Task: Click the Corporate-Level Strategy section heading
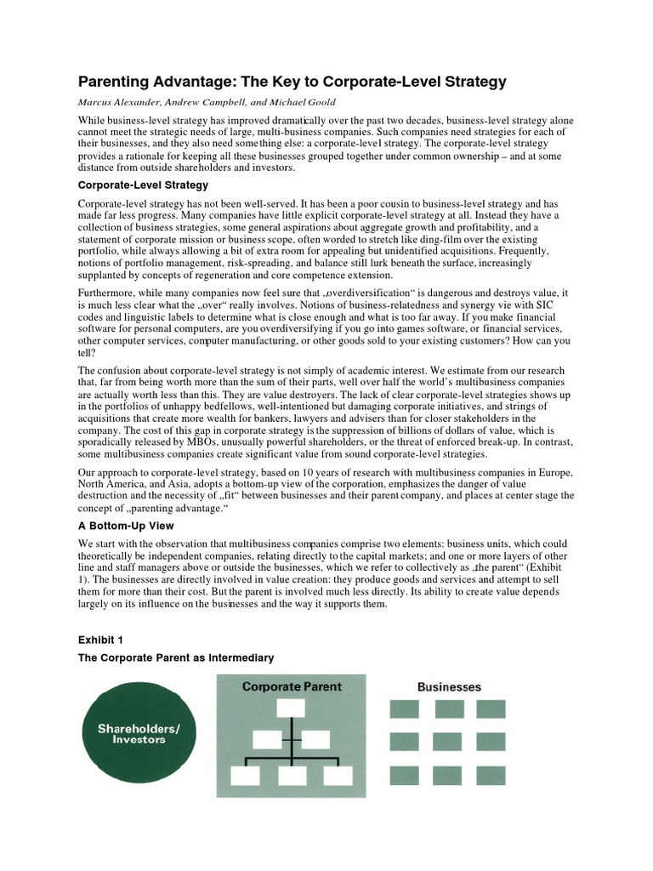(143, 185)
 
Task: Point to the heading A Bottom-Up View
(126, 526)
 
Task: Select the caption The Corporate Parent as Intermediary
(176, 658)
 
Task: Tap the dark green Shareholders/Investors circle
(138, 734)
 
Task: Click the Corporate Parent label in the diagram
(292, 686)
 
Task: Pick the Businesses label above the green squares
(449, 686)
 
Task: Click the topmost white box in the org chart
(291, 709)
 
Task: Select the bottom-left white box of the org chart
(246, 775)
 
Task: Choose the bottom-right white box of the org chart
(338, 775)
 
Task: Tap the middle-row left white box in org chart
(268, 740)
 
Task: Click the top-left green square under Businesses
(404, 709)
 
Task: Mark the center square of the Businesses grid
(448, 741)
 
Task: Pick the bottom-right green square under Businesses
(493, 774)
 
